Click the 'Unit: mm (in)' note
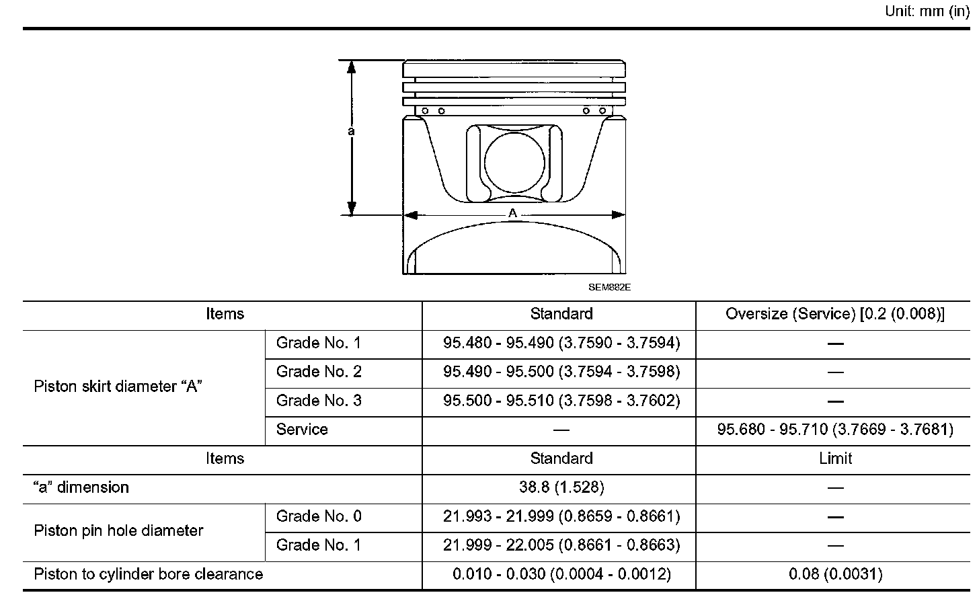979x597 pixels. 927,11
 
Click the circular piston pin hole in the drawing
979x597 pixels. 514,162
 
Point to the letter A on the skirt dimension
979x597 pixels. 512,213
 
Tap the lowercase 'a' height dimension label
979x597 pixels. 351,131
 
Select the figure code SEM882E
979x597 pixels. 609,287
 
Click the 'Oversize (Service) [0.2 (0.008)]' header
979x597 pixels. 835,314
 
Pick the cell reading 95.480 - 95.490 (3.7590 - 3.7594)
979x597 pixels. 561,343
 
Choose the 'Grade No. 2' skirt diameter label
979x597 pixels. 319,372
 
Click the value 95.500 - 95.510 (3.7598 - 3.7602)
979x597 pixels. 561,401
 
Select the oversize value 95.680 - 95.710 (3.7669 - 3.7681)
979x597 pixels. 835,430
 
